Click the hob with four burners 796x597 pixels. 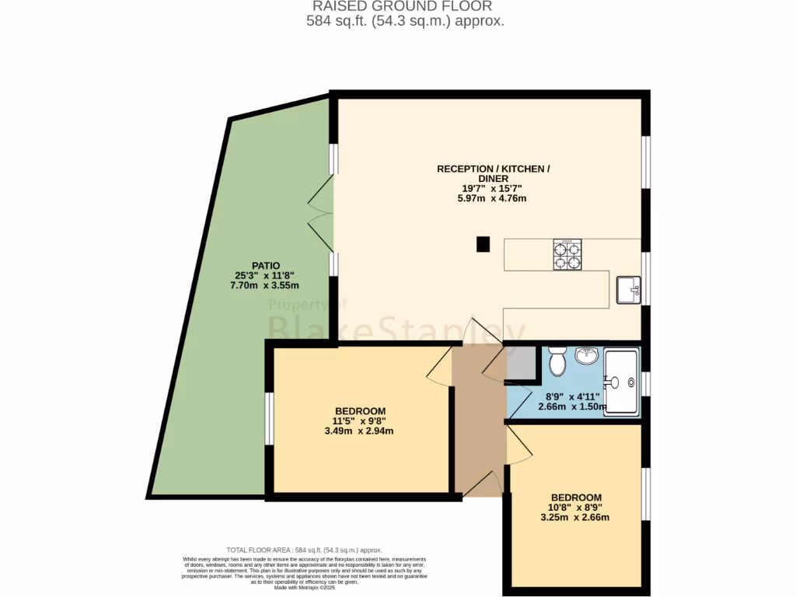(x=567, y=255)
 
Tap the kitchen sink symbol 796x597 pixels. (x=627, y=289)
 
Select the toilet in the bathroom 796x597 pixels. (x=557, y=361)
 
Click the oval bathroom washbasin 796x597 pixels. (x=587, y=356)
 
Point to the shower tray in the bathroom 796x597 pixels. (x=622, y=382)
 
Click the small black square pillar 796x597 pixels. (x=483, y=244)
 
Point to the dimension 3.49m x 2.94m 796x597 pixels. (x=359, y=431)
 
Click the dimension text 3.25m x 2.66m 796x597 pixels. (x=575, y=517)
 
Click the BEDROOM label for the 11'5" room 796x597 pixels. (x=360, y=410)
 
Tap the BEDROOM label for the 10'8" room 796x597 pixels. (x=576, y=497)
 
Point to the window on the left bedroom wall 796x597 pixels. (x=268, y=418)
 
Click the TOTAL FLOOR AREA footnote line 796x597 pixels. (x=303, y=550)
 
